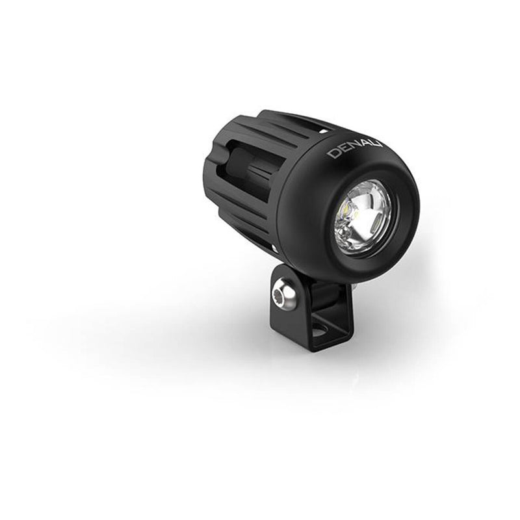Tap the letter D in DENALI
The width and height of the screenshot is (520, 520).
coord(333,155)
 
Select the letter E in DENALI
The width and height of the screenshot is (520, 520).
coord(343,152)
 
